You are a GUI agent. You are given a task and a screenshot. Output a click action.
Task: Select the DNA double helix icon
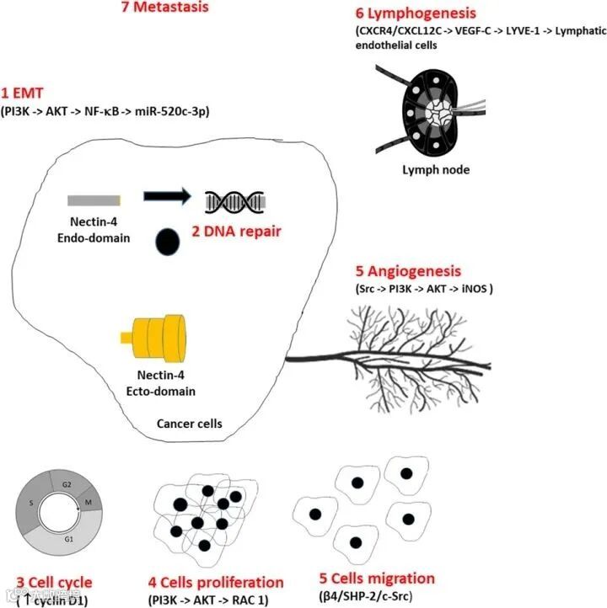coord(235,200)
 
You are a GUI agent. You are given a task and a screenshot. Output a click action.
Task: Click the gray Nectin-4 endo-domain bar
coord(94,200)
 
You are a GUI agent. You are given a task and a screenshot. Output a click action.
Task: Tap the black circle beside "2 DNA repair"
coord(166,243)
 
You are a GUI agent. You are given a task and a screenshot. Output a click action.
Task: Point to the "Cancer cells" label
coord(190,424)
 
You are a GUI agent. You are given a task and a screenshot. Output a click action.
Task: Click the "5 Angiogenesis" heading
coord(408,271)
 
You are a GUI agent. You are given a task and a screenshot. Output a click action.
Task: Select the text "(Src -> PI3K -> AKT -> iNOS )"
coord(424,289)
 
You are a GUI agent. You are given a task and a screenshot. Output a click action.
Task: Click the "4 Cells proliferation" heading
coord(216,582)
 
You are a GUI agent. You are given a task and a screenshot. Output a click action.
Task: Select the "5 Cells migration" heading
coord(377,579)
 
